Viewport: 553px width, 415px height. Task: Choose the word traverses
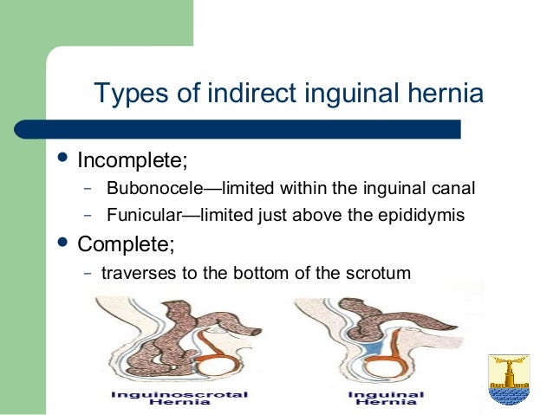pos(136,273)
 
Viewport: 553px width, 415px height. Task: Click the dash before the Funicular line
pos(88,215)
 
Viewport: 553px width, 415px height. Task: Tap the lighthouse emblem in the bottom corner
pos(509,378)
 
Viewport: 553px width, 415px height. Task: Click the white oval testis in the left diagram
pos(215,360)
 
